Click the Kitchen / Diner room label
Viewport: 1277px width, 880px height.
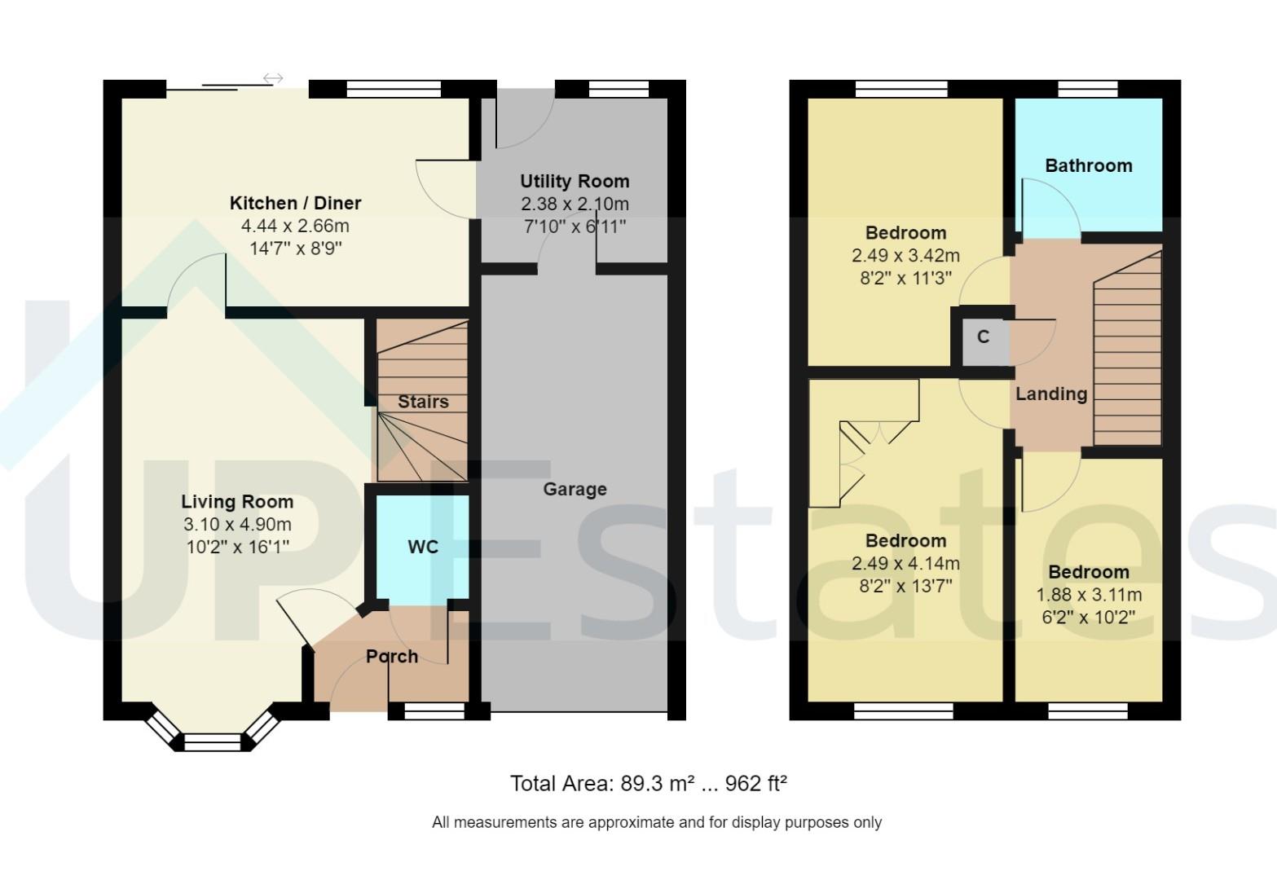click(295, 203)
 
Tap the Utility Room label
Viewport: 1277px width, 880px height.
click(575, 181)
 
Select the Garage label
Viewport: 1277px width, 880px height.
click(575, 489)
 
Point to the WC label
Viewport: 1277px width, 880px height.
click(423, 547)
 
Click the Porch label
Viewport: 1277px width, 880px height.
click(392, 656)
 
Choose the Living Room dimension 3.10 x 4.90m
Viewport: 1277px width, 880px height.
click(238, 524)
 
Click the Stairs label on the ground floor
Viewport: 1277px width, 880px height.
click(423, 402)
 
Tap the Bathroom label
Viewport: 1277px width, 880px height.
click(1088, 165)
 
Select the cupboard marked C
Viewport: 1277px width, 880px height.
click(983, 337)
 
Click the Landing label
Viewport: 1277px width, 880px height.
click(1051, 394)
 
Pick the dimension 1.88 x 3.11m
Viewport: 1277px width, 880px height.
click(1089, 595)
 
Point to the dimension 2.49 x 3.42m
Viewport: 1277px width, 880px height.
click(905, 256)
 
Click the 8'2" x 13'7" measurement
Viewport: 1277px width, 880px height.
click(905, 585)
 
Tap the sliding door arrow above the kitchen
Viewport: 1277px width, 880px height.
click(273, 78)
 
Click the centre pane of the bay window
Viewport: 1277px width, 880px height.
click(213, 742)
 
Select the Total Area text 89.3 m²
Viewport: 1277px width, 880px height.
click(657, 784)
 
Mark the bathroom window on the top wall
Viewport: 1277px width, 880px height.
click(1087, 89)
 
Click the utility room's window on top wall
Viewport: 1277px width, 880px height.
click(619, 89)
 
